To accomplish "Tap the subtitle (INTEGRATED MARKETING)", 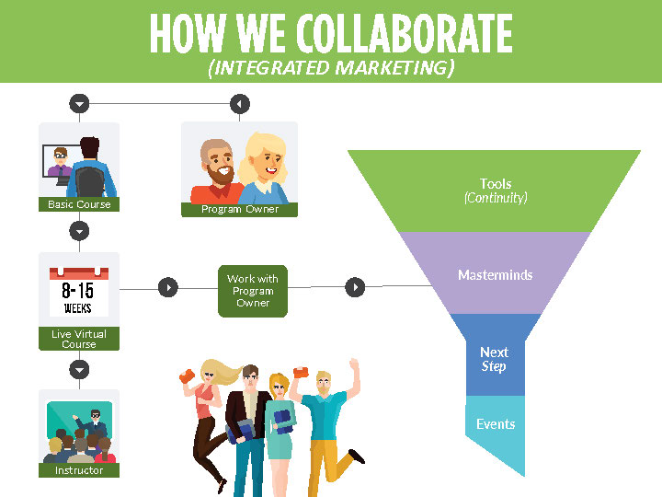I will [x=331, y=68].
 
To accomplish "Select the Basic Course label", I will [x=79, y=204].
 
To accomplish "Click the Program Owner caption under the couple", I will [x=240, y=209].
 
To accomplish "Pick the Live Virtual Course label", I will [x=79, y=339].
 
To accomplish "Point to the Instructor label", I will [x=79, y=470].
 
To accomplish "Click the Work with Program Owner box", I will [x=253, y=291].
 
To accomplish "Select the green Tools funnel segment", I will [x=496, y=191].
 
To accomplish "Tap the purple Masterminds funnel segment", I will [x=496, y=274].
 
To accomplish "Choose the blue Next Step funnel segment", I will [x=495, y=358].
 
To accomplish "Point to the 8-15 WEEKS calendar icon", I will [x=79, y=291].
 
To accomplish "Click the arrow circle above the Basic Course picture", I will [x=80, y=104].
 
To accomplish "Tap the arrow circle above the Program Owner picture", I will [x=239, y=104].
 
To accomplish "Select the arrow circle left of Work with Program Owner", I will [x=167, y=288].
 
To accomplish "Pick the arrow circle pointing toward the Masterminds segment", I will [x=355, y=288].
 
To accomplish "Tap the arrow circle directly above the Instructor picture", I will [x=80, y=369].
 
